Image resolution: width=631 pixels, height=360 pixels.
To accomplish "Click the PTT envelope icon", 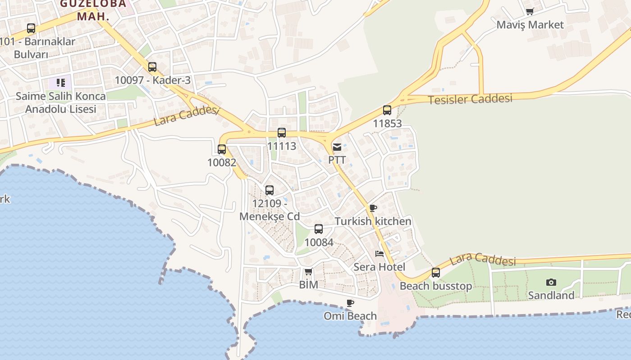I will pos(337,147).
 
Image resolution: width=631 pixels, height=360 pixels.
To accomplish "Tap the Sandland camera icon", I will pos(551,283).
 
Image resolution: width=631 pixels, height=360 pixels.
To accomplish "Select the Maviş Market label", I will pos(530,25).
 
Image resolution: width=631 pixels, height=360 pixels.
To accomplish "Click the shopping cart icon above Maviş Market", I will pos(530,12).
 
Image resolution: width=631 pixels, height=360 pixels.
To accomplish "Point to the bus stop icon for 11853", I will pos(387,110).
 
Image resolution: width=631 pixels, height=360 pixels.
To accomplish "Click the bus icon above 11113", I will pos(282,133).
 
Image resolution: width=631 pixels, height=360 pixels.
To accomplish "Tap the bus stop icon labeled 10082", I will pos(222,149).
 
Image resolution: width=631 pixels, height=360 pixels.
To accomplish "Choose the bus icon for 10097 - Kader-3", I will pos(152,67).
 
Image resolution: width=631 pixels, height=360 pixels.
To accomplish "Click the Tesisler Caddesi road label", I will pos(470,99).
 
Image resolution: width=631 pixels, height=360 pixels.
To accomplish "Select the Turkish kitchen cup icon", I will pos(373,208).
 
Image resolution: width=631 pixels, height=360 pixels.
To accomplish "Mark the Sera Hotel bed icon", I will pos(380,254).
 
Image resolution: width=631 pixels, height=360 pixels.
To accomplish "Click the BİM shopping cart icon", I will pos(308,271).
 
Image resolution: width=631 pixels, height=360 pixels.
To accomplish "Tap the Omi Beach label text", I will pos(350,316).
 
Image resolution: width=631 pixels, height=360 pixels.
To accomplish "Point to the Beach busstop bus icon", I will pos(436,273).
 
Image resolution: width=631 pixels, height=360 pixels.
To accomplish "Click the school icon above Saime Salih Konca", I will pos(61,83).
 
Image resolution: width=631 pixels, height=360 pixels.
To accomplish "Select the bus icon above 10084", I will pos(319,229).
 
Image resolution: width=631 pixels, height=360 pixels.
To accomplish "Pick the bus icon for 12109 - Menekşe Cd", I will pos(270,190).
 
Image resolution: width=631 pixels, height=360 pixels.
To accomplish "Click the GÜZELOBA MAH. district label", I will pos(93,10).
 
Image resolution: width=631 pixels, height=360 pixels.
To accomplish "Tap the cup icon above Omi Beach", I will pos(350,303).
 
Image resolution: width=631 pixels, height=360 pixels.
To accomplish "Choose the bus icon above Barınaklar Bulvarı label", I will pos(31,28).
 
